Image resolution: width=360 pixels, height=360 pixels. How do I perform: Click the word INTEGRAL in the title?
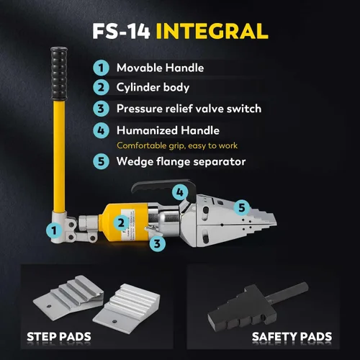coord(212,31)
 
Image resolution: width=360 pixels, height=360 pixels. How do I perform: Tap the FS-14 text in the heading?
coord(121,31)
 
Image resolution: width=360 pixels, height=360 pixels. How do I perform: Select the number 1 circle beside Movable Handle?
coord(101,68)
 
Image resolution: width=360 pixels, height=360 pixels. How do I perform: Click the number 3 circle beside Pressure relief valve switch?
coord(101,109)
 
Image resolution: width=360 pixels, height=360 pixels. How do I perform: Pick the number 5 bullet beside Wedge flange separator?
coord(101,161)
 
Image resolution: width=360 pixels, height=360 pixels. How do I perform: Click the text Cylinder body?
coord(153,88)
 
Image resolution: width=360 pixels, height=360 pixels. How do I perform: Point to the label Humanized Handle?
coord(168,130)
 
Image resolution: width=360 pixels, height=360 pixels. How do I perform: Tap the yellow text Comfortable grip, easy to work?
coord(177,145)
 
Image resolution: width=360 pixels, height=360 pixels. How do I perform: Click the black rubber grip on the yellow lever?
coord(59,73)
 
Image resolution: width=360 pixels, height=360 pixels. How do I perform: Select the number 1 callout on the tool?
coord(54,230)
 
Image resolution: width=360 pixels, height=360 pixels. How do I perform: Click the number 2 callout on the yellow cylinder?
coord(121,223)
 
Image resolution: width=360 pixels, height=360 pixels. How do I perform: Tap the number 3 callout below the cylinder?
coord(157,243)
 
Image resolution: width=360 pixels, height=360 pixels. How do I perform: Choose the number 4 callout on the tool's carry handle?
coord(180,192)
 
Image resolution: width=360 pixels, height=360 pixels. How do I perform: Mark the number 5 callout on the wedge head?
coord(242,207)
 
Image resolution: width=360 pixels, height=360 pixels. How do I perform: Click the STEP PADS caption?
coord(59,337)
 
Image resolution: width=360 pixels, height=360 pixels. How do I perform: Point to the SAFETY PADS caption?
coord(292,337)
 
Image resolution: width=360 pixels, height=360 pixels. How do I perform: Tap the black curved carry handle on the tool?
coord(164,189)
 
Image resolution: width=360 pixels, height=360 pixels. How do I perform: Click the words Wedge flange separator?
coord(181,161)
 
